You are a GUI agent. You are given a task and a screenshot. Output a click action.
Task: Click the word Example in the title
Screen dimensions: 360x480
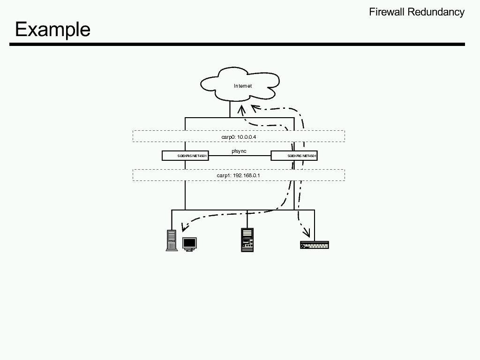(52, 30)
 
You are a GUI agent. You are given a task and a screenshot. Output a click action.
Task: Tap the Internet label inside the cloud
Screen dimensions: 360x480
(243, 86)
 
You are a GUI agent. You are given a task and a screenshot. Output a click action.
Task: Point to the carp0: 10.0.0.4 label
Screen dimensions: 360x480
(239, 136)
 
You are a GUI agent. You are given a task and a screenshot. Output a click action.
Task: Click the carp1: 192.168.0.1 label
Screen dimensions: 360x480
(238, 175)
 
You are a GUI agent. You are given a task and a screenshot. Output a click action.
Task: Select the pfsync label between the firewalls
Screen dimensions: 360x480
(239, 151)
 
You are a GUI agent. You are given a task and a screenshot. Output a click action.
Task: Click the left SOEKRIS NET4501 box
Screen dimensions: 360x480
(185, 156)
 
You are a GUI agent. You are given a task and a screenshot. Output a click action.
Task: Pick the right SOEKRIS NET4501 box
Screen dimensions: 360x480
(294, 156)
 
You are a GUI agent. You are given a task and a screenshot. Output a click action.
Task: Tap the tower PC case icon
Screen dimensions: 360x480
(172, 240)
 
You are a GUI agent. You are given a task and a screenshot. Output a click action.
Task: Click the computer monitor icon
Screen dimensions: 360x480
(189, 244)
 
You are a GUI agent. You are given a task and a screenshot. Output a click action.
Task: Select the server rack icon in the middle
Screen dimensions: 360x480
(247, 240)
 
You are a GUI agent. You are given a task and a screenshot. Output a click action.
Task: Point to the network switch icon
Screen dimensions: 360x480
(315, 245)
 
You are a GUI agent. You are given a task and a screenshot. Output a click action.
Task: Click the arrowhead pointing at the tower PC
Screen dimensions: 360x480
(184, 227)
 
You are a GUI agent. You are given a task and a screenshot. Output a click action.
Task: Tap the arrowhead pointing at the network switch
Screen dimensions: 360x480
(307, 232)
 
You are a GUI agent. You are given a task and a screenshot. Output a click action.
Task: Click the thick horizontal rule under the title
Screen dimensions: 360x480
(237, 45)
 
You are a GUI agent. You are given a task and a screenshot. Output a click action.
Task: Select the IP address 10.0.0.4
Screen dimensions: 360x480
(247, 136)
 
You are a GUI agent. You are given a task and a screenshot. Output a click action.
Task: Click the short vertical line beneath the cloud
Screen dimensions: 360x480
(230, 110)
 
